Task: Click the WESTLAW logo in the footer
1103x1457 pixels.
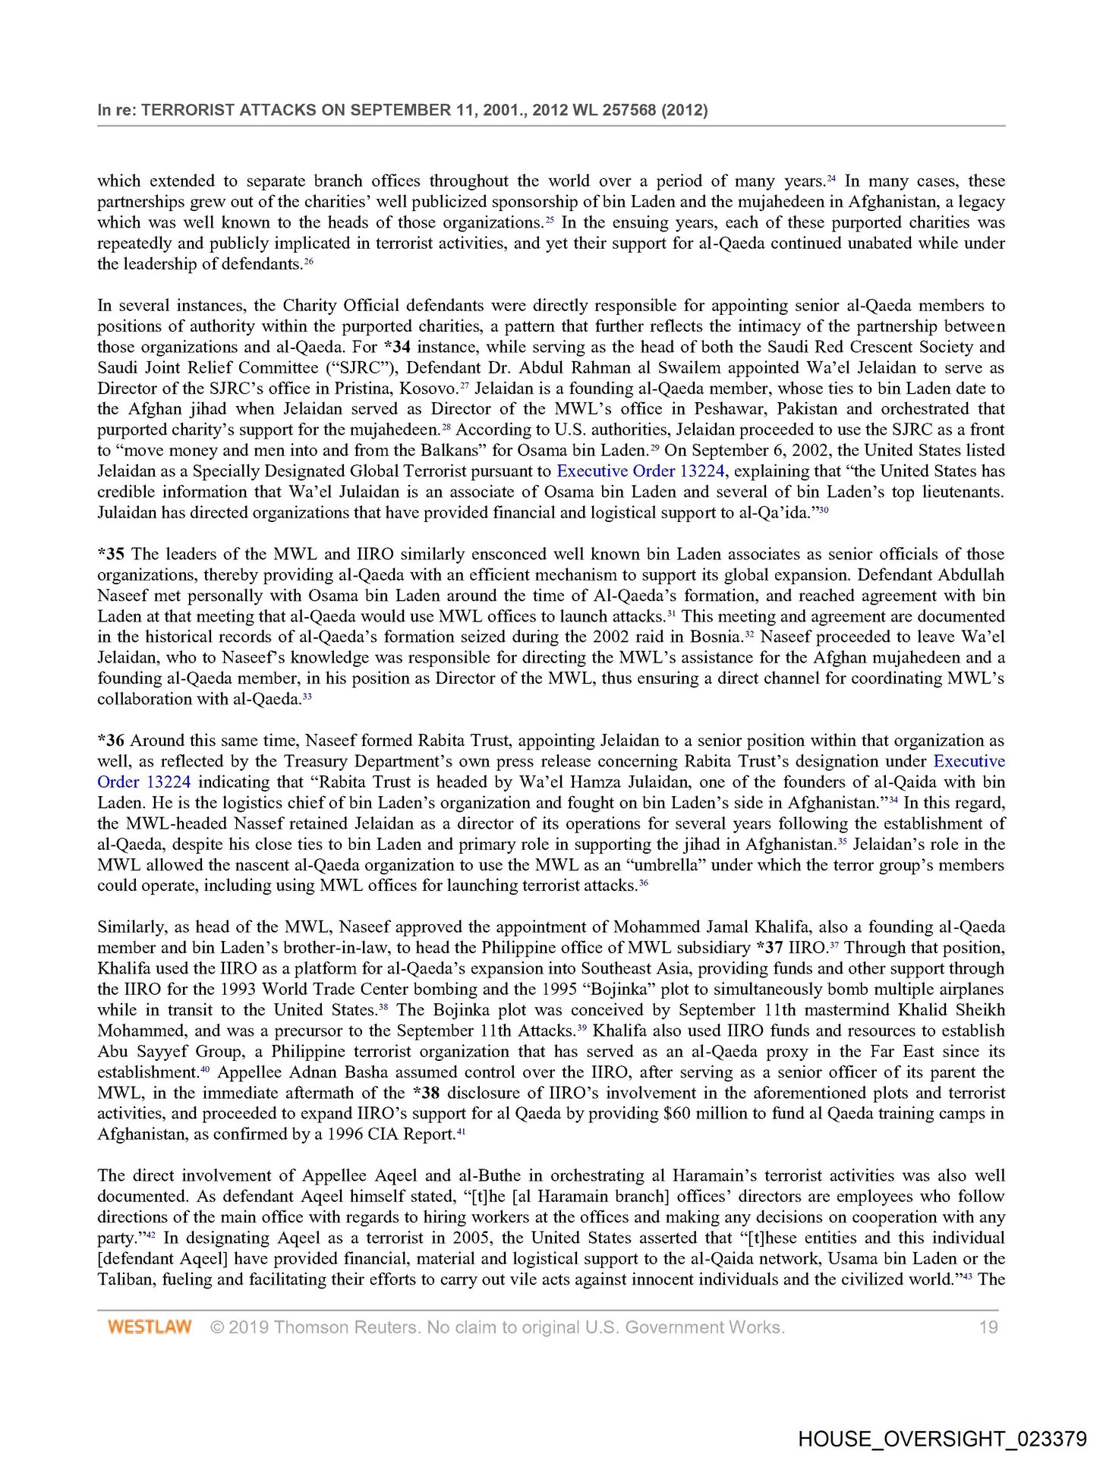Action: pyautogui.click(x=149, y=1327)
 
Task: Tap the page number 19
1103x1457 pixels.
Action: pyautogui.click(x=988, y=1327)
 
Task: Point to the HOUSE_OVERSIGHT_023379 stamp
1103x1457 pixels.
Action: pyautogui.click(x=942, y=1439)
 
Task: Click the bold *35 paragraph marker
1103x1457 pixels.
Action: pyautogui.click(x=111, y=554)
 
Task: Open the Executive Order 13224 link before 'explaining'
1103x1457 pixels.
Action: pyautogui.click(x=641, y=470)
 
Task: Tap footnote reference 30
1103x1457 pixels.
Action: pyautogui.click(x=823, y=511)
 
